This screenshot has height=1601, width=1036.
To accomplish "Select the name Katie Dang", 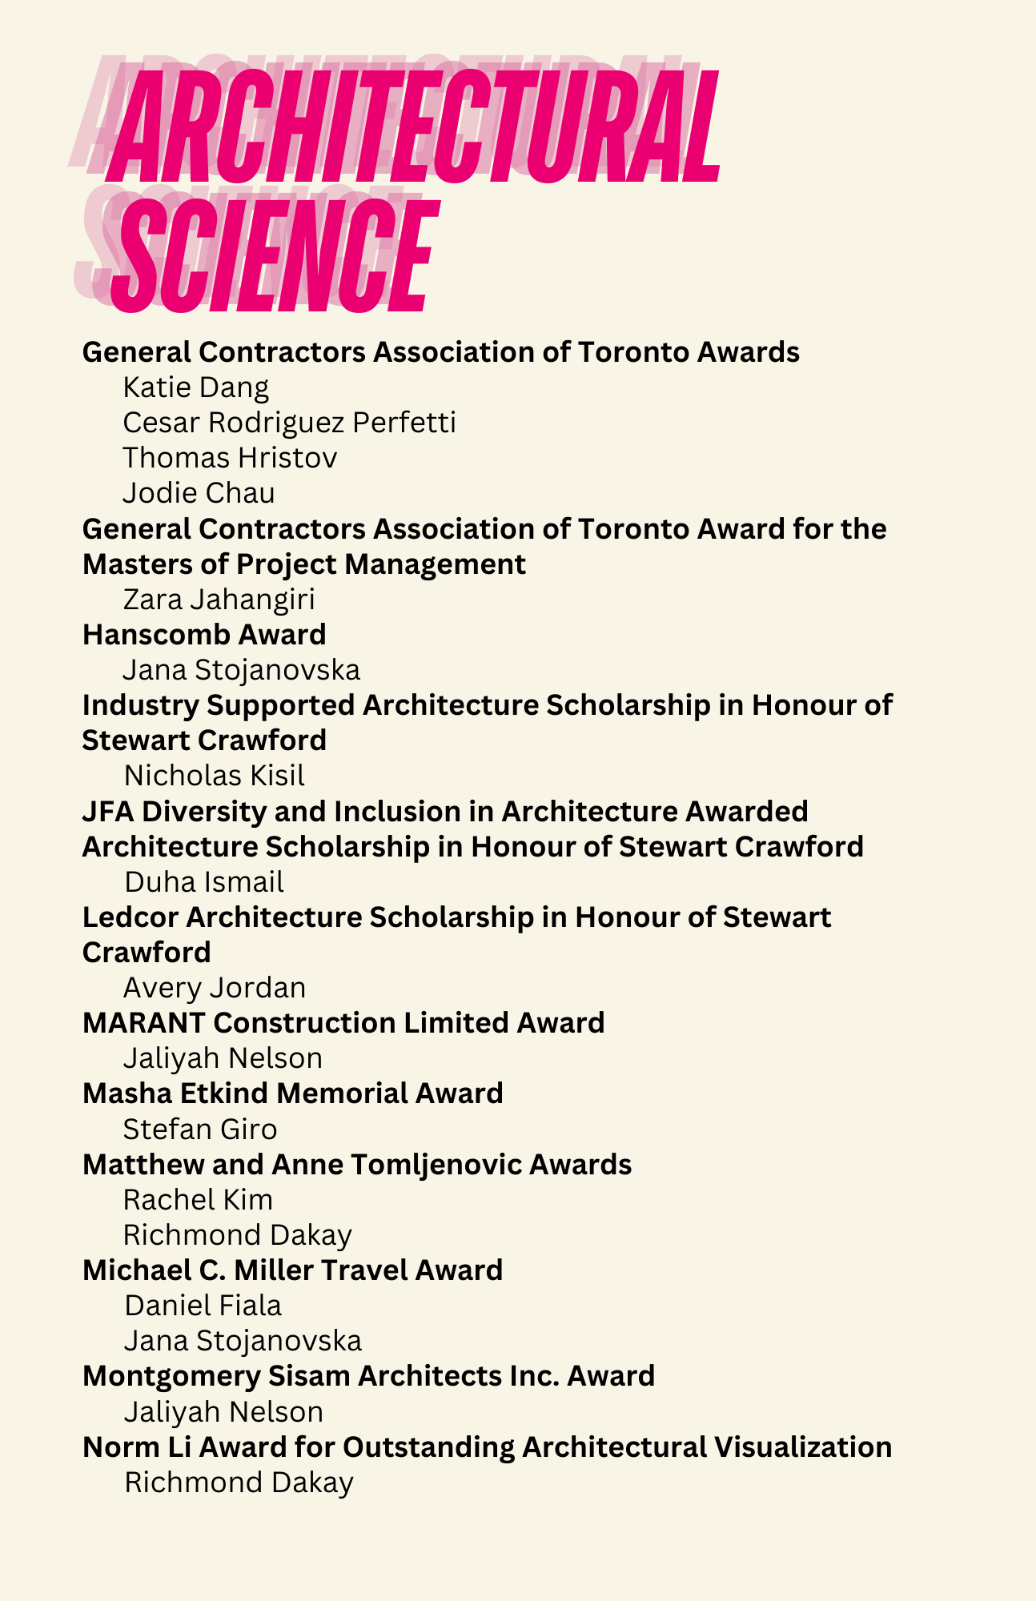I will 196,387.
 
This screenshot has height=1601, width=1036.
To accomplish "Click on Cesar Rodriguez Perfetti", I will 290,423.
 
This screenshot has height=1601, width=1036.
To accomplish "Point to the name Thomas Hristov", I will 230,458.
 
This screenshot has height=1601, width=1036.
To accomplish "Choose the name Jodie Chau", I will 199,493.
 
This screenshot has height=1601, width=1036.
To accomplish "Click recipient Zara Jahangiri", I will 219,599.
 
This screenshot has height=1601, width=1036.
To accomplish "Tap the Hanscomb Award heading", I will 204,635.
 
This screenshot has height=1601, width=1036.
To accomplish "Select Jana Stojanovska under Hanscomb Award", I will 242,669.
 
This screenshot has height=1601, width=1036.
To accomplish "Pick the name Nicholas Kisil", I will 214,776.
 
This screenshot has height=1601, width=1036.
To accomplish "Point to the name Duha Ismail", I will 204,882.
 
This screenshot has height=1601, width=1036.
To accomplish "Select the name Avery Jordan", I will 215,988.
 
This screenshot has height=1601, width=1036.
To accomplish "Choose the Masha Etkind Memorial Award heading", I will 292,1093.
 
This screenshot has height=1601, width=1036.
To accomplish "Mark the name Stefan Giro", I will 200,1130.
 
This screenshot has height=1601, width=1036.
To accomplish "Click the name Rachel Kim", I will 198,1200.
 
